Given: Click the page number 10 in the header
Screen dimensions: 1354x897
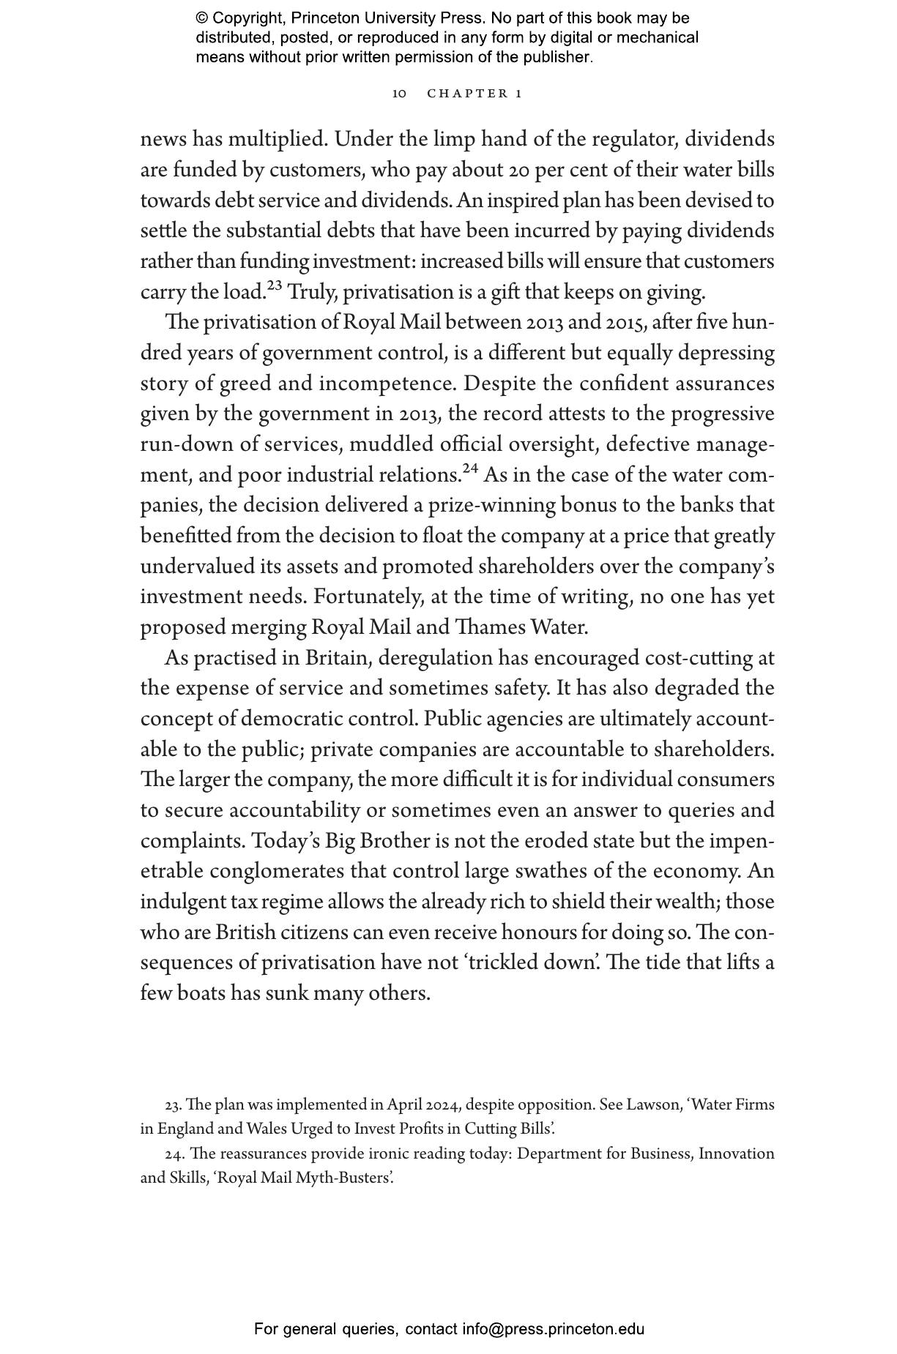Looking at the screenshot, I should pyautogui.click(x=399, y=94).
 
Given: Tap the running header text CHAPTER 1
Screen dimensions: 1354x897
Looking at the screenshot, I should pyautogui.click(x=474, y=94).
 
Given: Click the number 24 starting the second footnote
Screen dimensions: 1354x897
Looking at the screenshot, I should pyautogui.click(x=174, y=1154).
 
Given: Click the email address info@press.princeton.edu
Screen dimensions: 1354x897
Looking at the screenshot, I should pyautogui.click(x=553, y=1329).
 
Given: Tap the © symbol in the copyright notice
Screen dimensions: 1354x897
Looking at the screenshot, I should pyautogui.click(x=202, y=18).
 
